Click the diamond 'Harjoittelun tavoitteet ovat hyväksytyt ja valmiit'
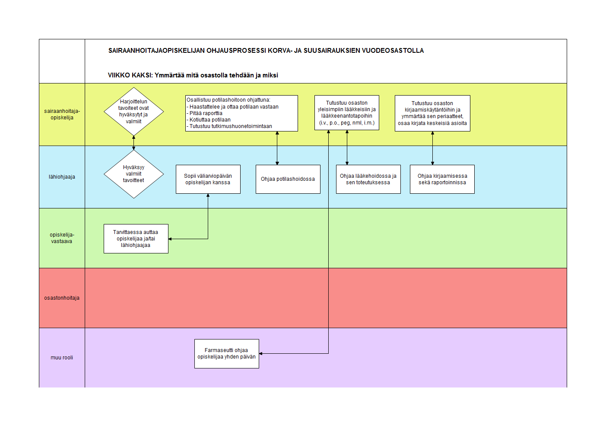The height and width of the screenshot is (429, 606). point(133,111)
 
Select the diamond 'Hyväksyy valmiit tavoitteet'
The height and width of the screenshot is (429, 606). point(133,174)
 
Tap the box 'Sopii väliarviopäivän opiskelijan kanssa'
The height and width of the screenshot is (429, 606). point(208,179)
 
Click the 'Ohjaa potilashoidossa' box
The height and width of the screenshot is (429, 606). point(288,179)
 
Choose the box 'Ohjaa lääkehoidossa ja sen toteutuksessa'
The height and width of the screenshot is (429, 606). point(368,179)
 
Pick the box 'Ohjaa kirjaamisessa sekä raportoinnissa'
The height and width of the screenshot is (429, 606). point(442,179)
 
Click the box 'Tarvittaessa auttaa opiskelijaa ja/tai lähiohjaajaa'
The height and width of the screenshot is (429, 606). point(136,239)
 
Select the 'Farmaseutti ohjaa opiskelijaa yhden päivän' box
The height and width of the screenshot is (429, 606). point(226,353)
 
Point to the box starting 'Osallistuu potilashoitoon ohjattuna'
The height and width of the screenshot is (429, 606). point(241,113)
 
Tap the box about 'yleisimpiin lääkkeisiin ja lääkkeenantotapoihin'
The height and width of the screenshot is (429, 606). point(346,112)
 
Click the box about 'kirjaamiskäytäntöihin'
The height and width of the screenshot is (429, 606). point(432,113)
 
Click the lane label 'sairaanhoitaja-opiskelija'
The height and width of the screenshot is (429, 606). point(62,114)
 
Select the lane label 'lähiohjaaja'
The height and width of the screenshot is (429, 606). point(62,177)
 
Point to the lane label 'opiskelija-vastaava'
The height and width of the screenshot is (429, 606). point(62,238)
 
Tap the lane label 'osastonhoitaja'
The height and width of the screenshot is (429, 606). point(62,298)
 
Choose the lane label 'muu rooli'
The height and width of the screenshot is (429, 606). point(62,358)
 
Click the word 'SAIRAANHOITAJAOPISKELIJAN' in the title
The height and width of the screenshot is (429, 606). point(156,51)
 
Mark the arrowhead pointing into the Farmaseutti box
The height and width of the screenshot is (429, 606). point(260,353)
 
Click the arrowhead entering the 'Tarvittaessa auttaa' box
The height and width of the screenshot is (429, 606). point(170,239)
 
